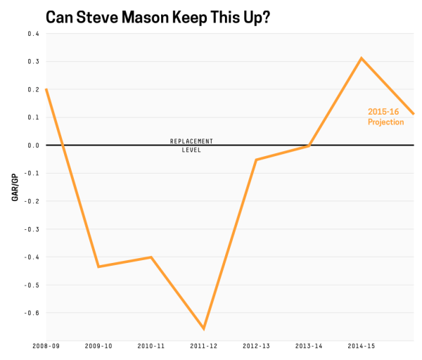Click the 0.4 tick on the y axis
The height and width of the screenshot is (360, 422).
tap(34, 34)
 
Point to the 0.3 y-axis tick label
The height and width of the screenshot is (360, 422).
tap(34, 61)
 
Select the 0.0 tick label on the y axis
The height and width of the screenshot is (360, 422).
tap(34, 146)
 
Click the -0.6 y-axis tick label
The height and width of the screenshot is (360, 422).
tap(32, 313)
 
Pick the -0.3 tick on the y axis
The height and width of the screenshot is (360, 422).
tap(32, 229)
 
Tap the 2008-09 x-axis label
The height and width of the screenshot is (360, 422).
tap(46, 346)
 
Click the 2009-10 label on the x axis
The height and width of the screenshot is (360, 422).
tap(98, 346)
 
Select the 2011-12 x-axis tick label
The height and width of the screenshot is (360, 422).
tap(204, 346)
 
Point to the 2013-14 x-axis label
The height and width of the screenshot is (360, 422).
tap(309, 346)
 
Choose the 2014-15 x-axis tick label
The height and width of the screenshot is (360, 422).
tap(362, 346)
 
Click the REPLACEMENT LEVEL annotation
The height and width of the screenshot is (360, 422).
tap(191, 146)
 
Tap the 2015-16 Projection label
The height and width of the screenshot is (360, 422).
tap(385, 117)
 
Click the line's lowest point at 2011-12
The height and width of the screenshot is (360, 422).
tap(204, 328)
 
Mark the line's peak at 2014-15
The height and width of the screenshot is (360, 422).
tap(362, 58)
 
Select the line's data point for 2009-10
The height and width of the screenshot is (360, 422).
tap(98, 266)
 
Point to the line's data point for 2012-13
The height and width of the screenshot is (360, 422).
tap(256, 160)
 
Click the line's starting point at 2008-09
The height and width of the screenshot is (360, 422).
tap(46, 89)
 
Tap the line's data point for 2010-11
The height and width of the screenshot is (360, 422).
tap(151, 257)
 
